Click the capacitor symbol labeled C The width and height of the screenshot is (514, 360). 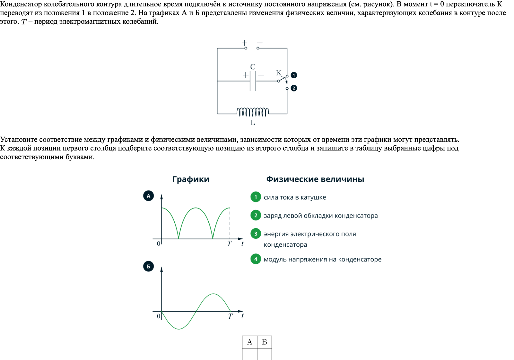pos(253,81)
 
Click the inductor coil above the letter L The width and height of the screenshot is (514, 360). pos(253,112)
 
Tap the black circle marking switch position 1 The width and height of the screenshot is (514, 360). pos(294,75)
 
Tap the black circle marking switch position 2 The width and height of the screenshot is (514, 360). pos(294,88)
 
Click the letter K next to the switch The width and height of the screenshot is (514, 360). pos(278,73)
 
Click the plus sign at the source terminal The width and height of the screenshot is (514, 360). pos(245,43)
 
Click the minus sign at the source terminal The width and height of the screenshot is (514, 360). pos(260,43)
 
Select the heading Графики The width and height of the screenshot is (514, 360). pos(191,179)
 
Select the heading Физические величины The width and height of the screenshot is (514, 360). pos(315,179)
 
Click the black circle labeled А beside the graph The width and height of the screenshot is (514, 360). pos(148,196)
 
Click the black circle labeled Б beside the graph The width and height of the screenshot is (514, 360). pos(148,266)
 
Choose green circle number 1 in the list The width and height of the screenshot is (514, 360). pos(256,197)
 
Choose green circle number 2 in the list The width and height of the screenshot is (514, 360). pos(256,215)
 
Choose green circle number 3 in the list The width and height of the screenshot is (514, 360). pos(256,234)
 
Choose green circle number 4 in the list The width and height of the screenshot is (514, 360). pos(256,259)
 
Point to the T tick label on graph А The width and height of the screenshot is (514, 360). pos(229,244)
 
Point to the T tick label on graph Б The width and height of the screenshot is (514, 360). pos(230,317)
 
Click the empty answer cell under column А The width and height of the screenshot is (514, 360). pos(249,354)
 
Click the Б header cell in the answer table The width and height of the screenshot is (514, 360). pos(264,342)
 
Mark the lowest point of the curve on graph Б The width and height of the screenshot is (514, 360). pos(179,329)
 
